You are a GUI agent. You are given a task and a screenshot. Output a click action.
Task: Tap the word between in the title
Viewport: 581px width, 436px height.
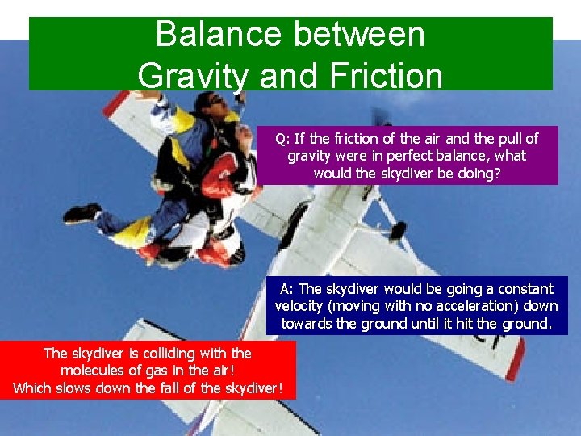tap(352, 35)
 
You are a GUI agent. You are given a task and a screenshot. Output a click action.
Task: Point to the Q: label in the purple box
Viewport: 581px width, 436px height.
tap(283, 138)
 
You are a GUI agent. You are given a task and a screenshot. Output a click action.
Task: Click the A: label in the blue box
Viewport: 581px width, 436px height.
tap(288, 288)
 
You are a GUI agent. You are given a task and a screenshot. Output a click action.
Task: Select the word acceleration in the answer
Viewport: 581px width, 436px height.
tap(462, 306)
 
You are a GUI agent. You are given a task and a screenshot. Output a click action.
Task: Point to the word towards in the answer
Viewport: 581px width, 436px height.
tap(306, 324)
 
